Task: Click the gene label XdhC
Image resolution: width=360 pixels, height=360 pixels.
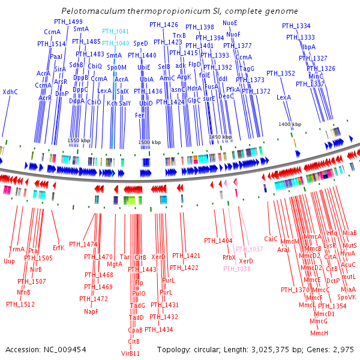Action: pos(10,92)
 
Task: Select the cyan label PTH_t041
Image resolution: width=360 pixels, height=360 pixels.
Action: pos(115,31)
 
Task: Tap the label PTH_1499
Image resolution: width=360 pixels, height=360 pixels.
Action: pos(68,22)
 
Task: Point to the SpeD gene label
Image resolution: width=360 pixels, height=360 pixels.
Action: pos(140,44)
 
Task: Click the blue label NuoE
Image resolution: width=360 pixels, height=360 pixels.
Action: pos(230,22)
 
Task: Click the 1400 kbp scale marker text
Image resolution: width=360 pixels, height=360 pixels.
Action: pos(290,124)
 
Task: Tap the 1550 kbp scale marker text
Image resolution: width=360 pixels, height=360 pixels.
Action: pos(78,140)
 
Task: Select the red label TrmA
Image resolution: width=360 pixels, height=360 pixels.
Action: pos(17,249)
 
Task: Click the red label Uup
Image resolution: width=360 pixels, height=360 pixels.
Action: pos(9,261)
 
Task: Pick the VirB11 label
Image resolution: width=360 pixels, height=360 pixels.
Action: pos(130,353)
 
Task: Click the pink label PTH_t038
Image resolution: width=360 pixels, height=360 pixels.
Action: pos(235,269)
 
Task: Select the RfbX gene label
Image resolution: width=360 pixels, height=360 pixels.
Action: pos(229,257)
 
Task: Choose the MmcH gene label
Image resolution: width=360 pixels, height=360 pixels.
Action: pos(319,333)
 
